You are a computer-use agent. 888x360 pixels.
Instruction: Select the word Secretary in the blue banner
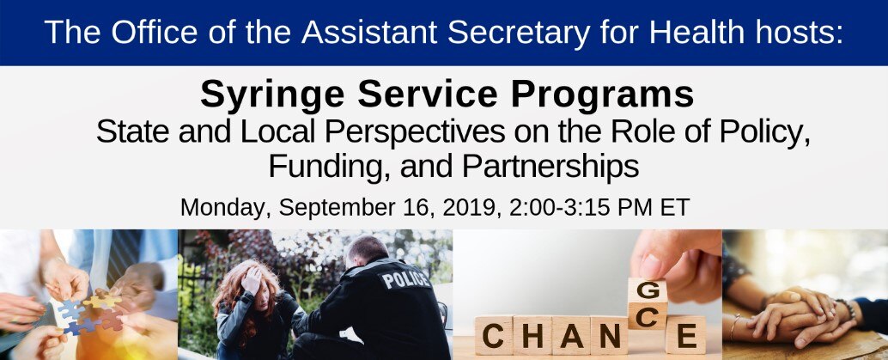[518, 33]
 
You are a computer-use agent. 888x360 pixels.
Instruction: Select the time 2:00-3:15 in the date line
[559, 208]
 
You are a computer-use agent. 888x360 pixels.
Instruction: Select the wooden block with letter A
[571, 335]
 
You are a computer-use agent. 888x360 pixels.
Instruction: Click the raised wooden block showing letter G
[648, 290]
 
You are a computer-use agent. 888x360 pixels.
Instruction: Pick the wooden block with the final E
[686, 335]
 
